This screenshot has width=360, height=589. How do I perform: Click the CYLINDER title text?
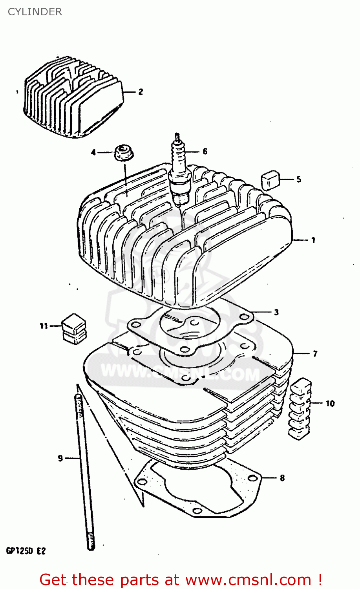(x=35, y=12)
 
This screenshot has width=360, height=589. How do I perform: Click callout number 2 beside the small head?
(x=140, y=92)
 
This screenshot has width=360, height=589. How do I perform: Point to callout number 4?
(x=93, y=152)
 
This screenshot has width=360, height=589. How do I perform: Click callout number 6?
(x=205, y=152)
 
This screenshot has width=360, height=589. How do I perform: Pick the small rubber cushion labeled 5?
(x=270, y=180)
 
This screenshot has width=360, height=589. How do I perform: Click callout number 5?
(x=299, y=179)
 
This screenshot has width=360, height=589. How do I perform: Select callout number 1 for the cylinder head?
(x=313, y=240)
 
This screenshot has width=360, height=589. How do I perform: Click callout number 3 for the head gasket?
(x=276, y=312)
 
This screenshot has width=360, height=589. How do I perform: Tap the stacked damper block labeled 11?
(x=74, y=329)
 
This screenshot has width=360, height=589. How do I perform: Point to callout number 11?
(x=44, y=326)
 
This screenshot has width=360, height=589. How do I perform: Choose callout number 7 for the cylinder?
(x=315, y=354)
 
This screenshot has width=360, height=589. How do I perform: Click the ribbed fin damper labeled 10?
(x=300, y=408)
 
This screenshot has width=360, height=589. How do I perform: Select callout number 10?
(x=330, y=403)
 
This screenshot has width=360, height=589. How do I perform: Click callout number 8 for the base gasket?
(x=282, y=478)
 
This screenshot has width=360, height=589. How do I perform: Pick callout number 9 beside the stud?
(x=60, y=458)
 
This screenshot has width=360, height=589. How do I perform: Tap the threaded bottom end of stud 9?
(x=91, y=541)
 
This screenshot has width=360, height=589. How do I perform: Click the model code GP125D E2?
(x=26, y=551)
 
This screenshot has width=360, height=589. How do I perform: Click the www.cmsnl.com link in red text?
(x=248, y=580)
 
